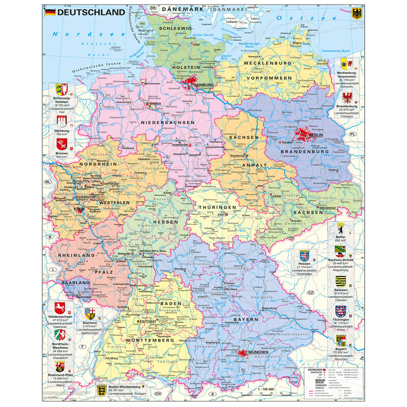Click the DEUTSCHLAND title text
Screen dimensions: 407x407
point(91,12)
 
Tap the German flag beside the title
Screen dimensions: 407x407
point(50,12)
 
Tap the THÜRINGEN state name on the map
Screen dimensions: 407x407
point(217,208)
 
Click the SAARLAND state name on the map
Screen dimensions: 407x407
point(71,283)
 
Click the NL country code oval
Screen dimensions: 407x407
point(48,182)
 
